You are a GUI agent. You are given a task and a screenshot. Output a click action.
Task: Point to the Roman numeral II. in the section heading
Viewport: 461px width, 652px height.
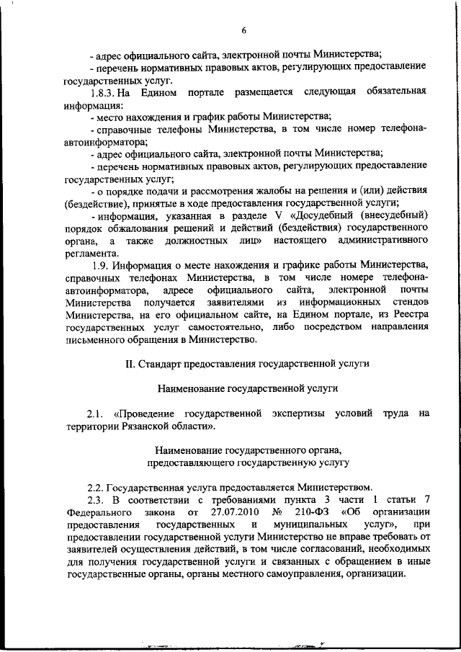[x=130, y=363]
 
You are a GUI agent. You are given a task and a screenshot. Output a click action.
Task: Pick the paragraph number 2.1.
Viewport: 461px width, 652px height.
[x=97, y=413]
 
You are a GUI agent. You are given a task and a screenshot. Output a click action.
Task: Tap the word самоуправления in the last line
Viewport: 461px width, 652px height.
[x=298, y=573]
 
